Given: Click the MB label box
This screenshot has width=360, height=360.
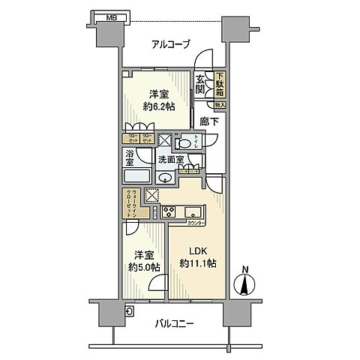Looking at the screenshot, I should coord(110,15).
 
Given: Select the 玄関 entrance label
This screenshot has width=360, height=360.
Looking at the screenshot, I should coord(201,84).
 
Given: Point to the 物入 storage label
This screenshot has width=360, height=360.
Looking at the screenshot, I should coord(220,105).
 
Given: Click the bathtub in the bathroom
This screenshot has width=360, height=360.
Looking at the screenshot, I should coord(137,177).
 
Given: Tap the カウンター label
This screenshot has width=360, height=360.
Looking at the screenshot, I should coord(196,223).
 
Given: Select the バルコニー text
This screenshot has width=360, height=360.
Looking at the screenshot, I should coord(175,324).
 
